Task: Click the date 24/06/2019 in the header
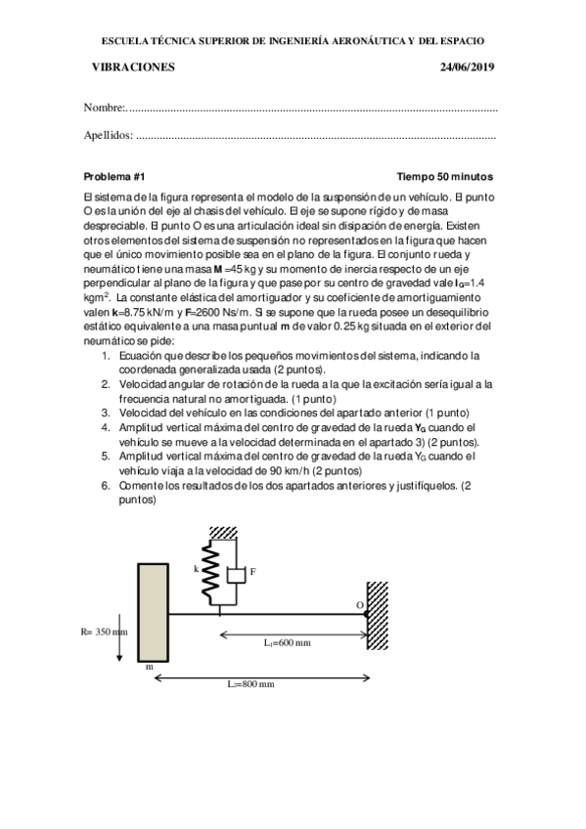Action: (469, 66)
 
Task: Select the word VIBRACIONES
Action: (132, 66)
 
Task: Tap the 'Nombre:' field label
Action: (105, 107)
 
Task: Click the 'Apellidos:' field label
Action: (109, 136)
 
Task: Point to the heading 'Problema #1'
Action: (114, 177)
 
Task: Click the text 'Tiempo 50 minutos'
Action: (444, 177)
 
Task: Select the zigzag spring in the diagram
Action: (208, 578)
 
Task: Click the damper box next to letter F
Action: (234, 576)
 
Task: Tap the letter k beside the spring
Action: (196, 567)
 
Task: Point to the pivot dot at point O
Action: (366, 614)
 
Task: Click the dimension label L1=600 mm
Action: (288, 642)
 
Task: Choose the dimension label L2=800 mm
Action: (250, 684)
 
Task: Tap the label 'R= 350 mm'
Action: (105, 632)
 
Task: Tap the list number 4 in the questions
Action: (107, 428)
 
